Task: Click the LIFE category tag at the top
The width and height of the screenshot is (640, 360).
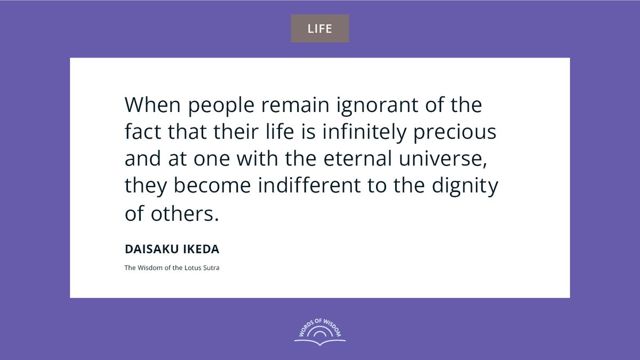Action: coord(319,28)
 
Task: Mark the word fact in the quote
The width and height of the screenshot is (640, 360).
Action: coord(142,132)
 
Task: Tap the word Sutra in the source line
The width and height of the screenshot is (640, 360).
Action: coord(211,268)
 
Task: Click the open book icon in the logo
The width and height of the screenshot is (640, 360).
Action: coord(319,341)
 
